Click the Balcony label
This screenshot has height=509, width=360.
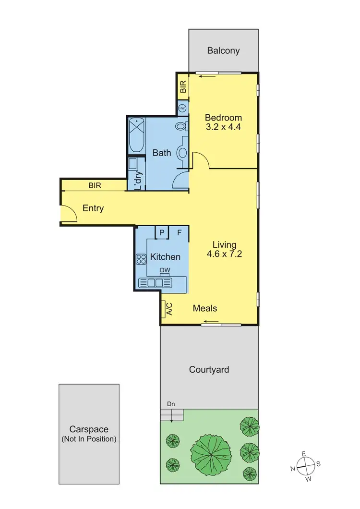[x=223, y=50]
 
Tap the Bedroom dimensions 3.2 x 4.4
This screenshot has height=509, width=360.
[x=223, y=128]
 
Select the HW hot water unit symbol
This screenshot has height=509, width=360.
[x=182, y=109]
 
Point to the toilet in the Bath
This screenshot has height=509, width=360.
[x=181, y=127]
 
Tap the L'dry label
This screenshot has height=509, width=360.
[x=138, y=181]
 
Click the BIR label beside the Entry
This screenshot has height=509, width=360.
[x=94, y=185]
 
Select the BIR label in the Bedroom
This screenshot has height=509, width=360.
[x=183, y=87]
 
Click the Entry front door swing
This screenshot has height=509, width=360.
[x=68, y=213]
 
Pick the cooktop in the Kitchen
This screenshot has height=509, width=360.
[x=141, y=259]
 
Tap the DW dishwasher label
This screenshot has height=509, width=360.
[x=165, y=270]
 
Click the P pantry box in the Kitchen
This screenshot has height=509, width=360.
[x=162, y=232]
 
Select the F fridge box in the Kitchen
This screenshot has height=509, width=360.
[x=179, y=232]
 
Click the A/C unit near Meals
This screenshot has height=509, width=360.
[x=169, y=308]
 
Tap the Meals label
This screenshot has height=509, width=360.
[x=205, y=308]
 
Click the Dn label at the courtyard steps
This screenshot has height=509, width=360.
[x=170, y=404]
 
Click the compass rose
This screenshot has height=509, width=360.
[x=305, y=465]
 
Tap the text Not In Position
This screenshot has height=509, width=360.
[x=89, y=439]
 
